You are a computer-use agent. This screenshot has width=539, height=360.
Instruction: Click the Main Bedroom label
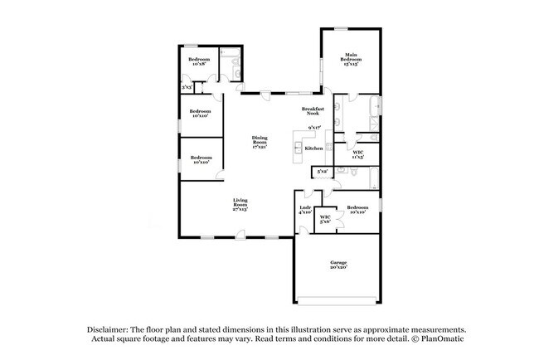pos(352,58)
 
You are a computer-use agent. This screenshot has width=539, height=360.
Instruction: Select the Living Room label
pos(240,204)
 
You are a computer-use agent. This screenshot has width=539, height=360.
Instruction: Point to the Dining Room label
pos(260,142)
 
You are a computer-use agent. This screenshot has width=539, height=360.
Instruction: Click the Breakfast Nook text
pos(313,111)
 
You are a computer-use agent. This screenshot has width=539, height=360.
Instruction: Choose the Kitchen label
pos(313,148)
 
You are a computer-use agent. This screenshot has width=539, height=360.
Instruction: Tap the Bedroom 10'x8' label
pos(198,62)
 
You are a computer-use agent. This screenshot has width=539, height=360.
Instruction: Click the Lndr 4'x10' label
pos(304,210)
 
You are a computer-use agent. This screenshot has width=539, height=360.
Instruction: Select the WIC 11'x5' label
pos(357,155)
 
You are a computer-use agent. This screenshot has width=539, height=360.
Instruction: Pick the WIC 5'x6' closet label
pos(325,219)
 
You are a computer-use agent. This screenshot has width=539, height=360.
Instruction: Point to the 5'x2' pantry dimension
pos(322,172)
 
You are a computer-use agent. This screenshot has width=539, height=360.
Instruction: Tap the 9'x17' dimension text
pos(313,128)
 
